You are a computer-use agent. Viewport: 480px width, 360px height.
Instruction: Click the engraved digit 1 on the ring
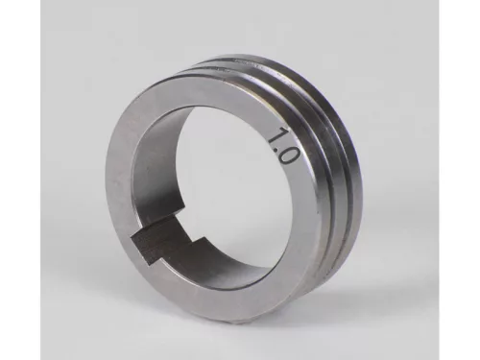[x=277, y=135]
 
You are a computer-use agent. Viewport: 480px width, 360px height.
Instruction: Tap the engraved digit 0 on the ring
[x=290, y=156]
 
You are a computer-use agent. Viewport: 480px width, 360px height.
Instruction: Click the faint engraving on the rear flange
[x=256, y=63]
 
